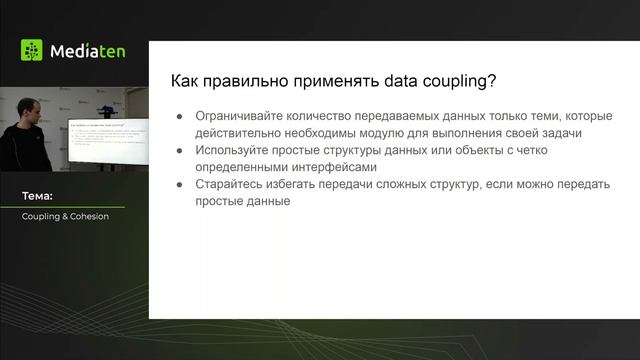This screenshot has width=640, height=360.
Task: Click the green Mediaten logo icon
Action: [x=32, y=51]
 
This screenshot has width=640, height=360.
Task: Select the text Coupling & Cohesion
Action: [x=65, y=216]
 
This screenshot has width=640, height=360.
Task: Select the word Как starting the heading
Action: [x=186, y=81]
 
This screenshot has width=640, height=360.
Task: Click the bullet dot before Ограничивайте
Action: [x=180, y=117]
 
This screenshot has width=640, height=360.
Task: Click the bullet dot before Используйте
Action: [x=180, y=151]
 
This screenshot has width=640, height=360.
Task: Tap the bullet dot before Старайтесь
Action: [x=180, y=185]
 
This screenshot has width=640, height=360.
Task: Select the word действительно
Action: [x=243, y=134]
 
